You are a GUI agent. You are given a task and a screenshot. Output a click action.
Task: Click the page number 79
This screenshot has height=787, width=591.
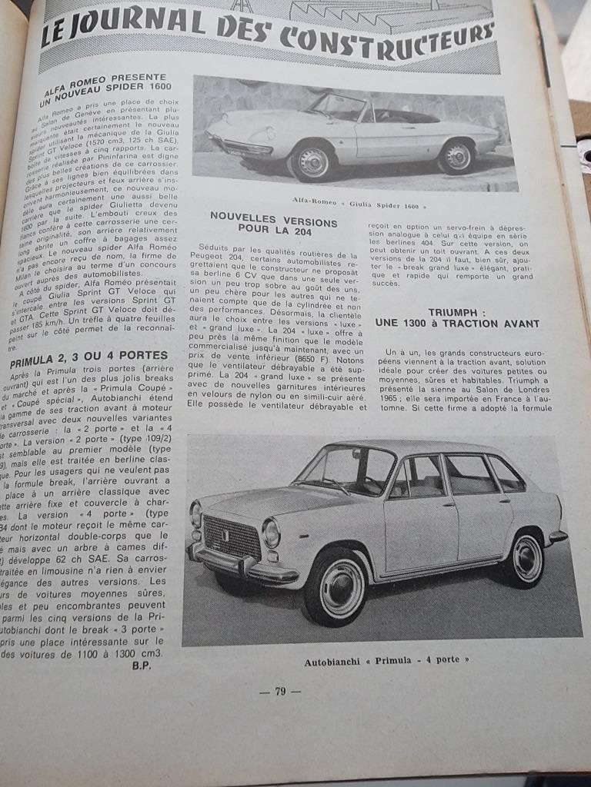(280, 691)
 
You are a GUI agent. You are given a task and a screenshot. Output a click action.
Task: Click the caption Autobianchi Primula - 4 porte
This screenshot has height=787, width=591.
(386, 660)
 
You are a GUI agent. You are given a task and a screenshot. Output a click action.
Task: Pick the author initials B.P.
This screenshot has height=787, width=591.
(141, 666)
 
